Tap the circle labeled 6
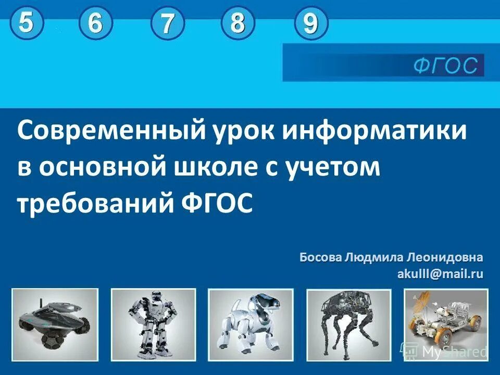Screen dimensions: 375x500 pos(95,24)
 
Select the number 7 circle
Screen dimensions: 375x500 pos(167,25)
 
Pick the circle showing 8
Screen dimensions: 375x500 pos(238,23)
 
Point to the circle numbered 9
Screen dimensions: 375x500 pos(310,24)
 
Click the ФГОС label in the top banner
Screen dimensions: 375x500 pos(445,66)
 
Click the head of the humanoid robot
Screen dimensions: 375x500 pos(156,298)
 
